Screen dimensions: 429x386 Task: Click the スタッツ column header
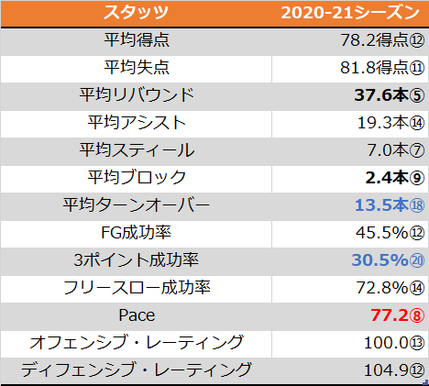pos(137,13)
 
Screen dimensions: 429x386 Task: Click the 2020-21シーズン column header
pos(350,13)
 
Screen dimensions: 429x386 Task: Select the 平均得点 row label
pos(137,40)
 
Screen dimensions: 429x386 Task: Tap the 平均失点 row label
pos(137,68)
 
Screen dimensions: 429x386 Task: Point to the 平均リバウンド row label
pos(137,95)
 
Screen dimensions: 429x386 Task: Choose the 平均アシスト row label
pos(137,123)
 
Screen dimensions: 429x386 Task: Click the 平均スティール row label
pos(137,150)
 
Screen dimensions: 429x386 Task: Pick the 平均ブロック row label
pos(137,178)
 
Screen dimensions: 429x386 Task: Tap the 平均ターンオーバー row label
pos(137,205)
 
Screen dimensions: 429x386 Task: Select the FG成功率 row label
pos(136,233)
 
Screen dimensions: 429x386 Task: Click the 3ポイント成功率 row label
pos(137,260)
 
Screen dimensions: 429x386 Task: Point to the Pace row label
pos(137,315)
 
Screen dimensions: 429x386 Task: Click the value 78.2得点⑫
pos(382,40)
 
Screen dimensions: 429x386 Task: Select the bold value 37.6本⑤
pos(390,95)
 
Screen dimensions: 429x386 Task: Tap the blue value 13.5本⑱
pos(390,205)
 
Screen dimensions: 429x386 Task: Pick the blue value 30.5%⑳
pos(388,260)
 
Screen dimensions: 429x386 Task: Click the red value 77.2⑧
pos(398,315)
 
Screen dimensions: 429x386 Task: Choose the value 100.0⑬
pos(394,343)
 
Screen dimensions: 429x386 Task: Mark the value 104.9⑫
pos(394,370)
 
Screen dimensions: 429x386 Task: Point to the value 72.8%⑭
pos(390,288)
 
